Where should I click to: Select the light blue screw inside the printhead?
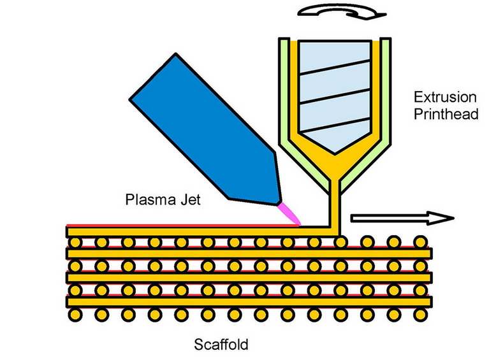pos(331,89)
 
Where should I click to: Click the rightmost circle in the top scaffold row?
pos(419,243)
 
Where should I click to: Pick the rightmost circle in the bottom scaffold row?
pos(419,314)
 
